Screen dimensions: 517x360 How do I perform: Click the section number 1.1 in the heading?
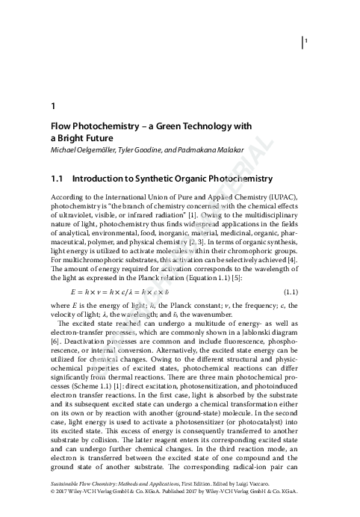(x=56, y=179)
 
